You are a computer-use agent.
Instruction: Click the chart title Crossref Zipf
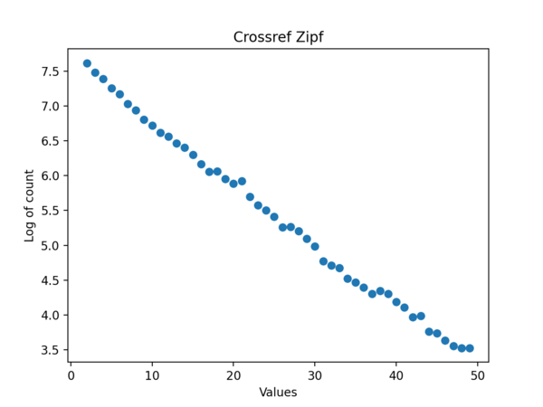click(278, 37)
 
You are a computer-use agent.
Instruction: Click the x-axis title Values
click(278, 393)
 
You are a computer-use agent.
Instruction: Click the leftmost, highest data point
click(87, 63)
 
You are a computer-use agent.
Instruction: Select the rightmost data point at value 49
click(470, 348)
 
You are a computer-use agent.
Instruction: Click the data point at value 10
click(152, 126)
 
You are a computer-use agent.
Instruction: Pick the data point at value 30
click(315, 246)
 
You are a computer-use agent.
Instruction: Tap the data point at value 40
click(396, 302)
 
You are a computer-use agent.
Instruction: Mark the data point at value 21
click(242, 181)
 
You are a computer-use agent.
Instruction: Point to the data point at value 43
click(421, 316)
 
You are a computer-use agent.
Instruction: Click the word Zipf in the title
click(306, 37)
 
